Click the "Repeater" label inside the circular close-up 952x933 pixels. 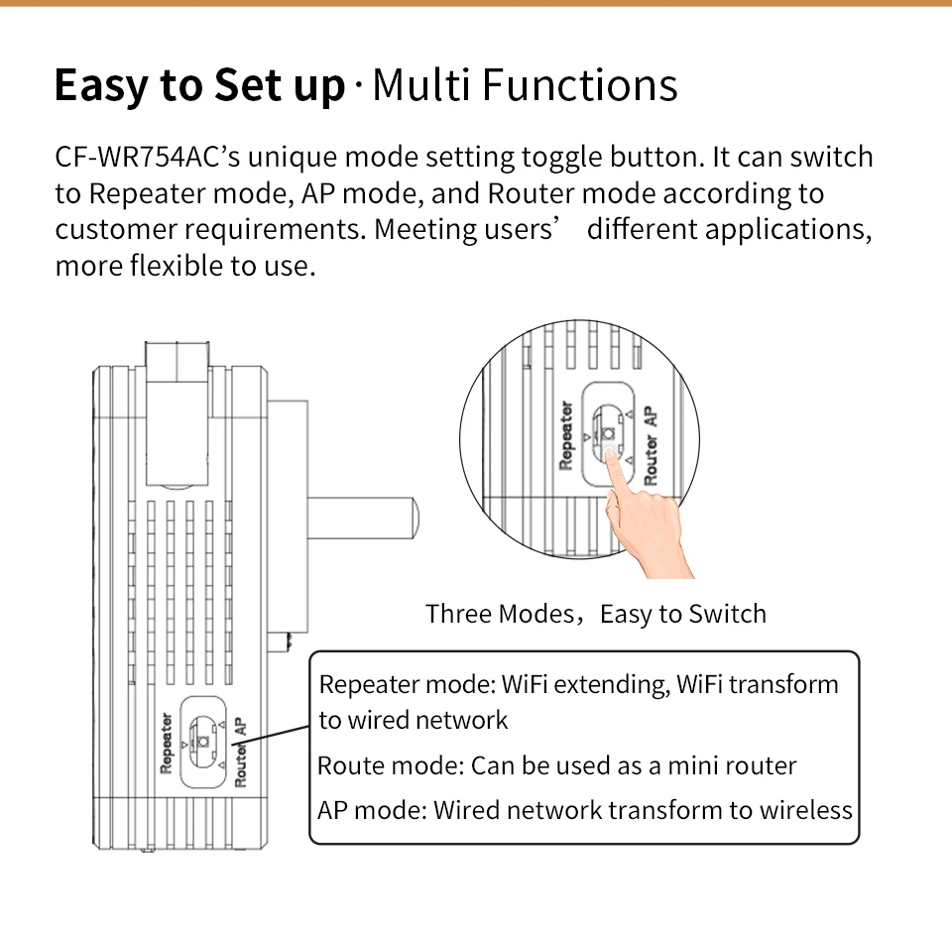click(566, 434)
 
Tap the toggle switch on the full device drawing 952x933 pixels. click(204, 750)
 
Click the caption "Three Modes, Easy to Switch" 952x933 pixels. click(596, 614)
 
